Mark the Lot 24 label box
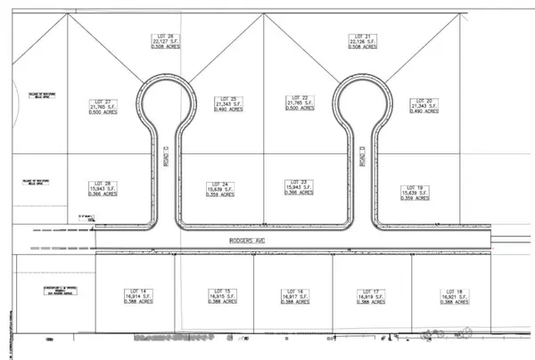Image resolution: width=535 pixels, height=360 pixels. (227, 189)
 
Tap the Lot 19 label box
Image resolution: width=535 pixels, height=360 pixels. (421, 190)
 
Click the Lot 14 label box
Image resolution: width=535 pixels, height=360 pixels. (136, 297)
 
